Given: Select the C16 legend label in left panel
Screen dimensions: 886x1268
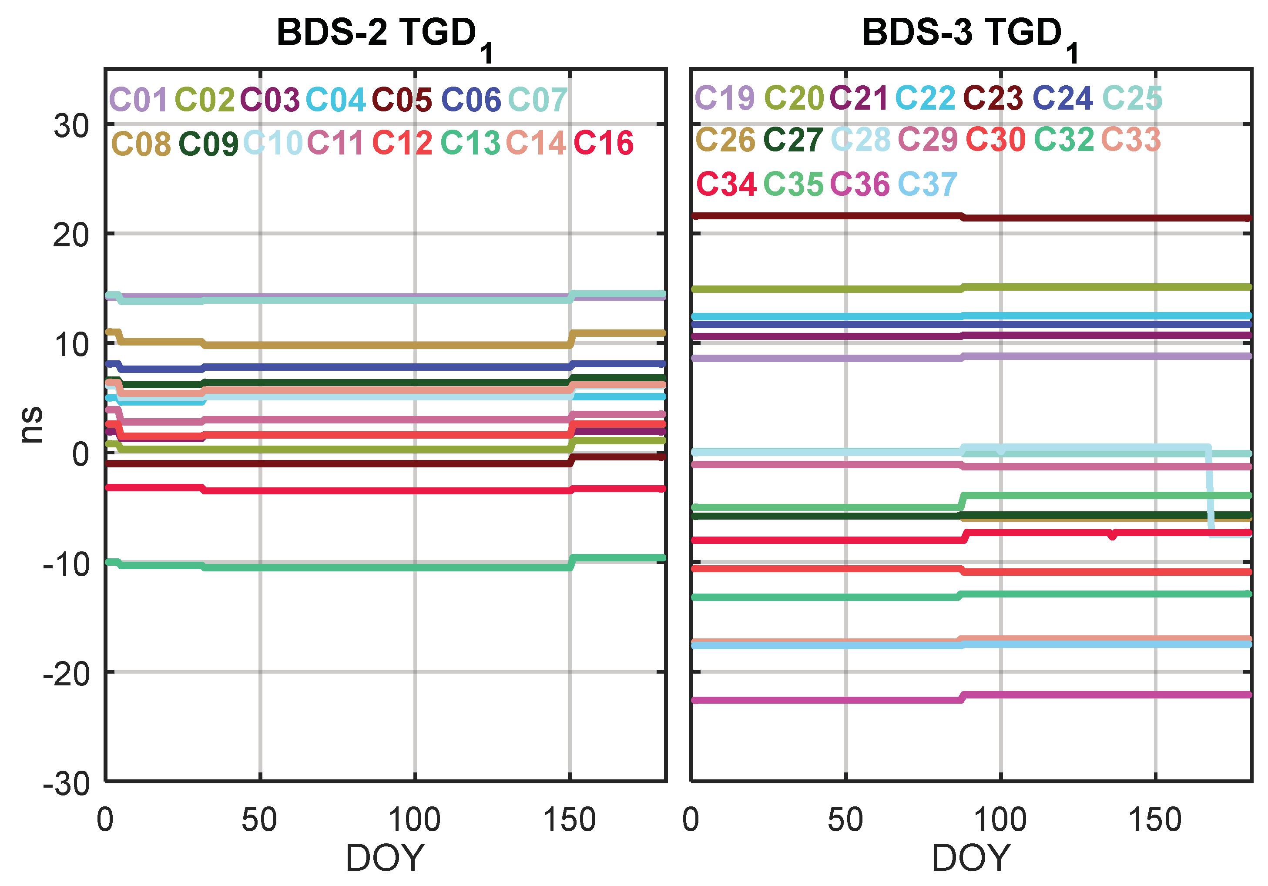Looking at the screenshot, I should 603,144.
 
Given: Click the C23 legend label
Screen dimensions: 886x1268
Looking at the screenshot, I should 993,98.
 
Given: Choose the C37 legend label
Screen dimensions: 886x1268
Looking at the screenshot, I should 927,185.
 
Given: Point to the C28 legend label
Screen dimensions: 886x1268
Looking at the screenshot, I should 860,140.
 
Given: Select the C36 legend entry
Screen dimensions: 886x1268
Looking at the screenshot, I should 860,185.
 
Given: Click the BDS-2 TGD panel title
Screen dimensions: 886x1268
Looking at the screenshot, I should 383,34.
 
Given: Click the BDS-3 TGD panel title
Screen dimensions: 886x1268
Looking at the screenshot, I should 969,34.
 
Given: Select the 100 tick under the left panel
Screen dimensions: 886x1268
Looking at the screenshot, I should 414,820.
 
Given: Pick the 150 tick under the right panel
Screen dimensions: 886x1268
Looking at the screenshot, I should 1155,820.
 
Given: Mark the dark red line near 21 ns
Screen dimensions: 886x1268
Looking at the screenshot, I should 829,215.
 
